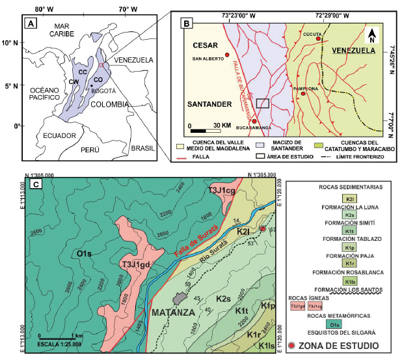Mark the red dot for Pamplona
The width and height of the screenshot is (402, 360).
coord(303,94)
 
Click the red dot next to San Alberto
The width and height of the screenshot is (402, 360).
coord(226,55)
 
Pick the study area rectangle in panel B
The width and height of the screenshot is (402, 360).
coord(262,103)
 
